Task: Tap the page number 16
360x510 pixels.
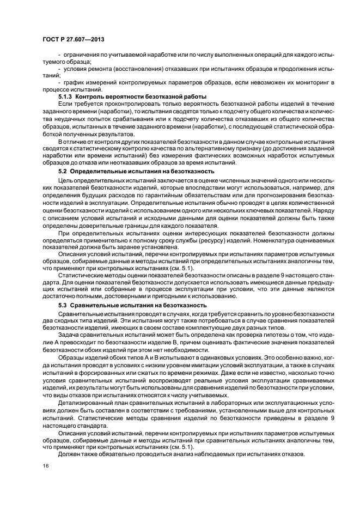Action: (x=45, y=466)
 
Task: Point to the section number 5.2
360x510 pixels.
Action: (x=63, y=172)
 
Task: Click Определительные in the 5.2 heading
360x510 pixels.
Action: (x=99, y=172)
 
